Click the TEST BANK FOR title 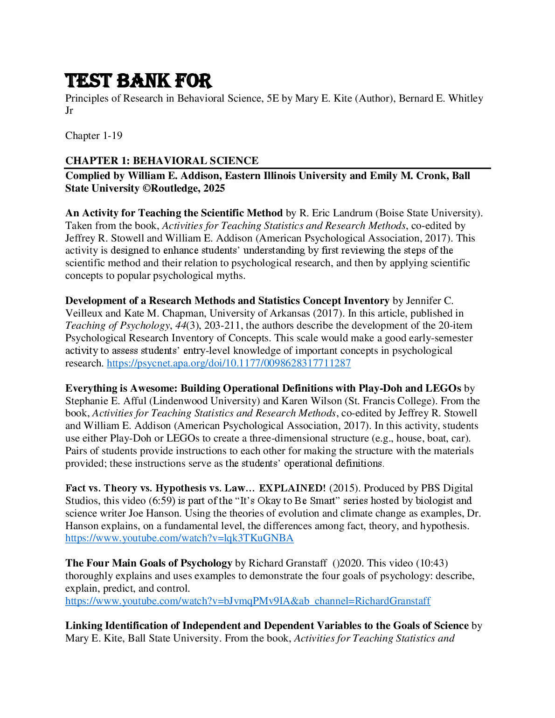point(139,81)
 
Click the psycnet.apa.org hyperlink point(229,363)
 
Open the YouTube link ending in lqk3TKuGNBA point(179,538)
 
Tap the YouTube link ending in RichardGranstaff point(248,601)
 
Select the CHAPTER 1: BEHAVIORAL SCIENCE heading point(162,161)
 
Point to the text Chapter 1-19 point(94,136)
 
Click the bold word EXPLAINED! point(292,488)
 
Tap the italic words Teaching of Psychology point(118,325)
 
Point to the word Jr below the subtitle point(69,110)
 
